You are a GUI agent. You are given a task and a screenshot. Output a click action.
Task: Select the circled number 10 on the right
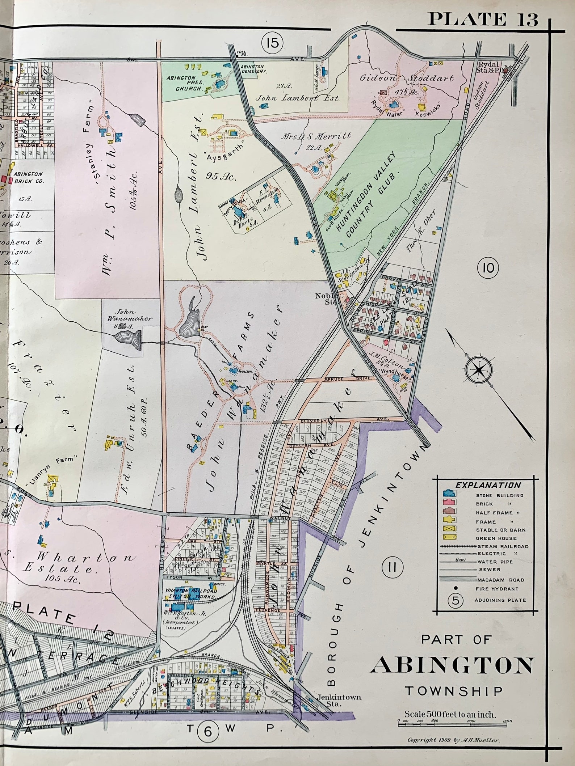click(488, 268)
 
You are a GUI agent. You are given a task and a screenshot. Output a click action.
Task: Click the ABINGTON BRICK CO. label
click(28, 177)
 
